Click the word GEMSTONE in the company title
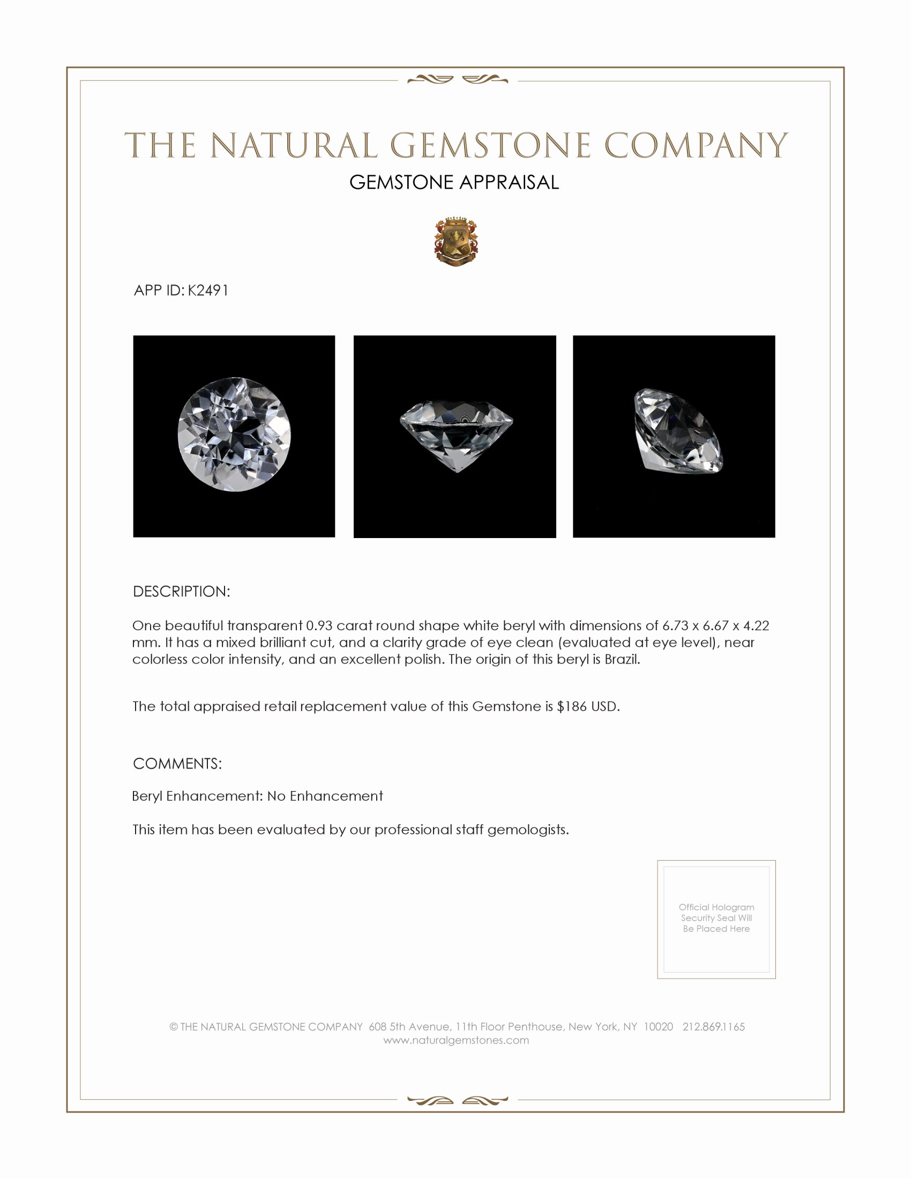489,146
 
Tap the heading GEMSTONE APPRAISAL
454,182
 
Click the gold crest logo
456,242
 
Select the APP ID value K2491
208,290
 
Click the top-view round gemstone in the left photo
234,434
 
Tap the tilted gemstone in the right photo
677,431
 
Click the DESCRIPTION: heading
181,592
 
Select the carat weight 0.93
319,625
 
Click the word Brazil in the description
622,659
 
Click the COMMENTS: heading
177,764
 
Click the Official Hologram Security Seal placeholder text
716,917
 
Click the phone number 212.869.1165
713,1027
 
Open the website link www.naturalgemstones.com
456,1040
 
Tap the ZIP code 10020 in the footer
658,1027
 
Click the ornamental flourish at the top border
457,80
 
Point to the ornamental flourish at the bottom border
457,1100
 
